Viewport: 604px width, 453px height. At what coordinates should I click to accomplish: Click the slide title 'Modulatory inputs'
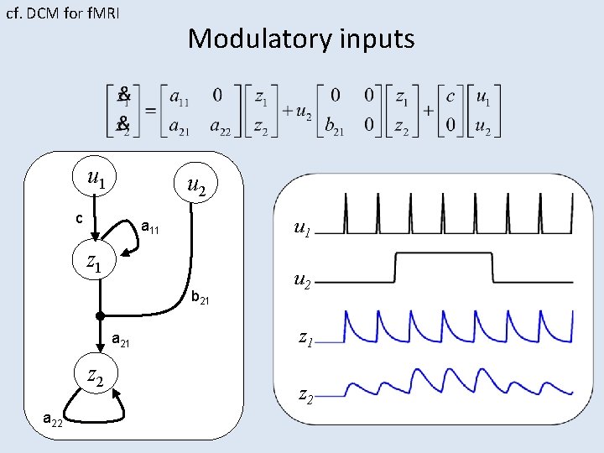301,39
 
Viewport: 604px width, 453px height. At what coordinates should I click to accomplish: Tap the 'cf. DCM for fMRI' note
63,13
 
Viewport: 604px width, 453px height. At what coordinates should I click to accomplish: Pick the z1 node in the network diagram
95,262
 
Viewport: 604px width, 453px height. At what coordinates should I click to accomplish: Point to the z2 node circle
95,377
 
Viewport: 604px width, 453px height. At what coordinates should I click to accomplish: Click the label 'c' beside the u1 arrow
78,219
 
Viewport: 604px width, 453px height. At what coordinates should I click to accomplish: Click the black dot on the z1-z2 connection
99,316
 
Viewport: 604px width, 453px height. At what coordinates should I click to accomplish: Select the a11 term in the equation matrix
179,97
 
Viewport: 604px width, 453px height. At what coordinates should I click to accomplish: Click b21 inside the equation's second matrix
334,127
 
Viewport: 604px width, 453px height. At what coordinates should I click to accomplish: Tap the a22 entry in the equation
221,127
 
